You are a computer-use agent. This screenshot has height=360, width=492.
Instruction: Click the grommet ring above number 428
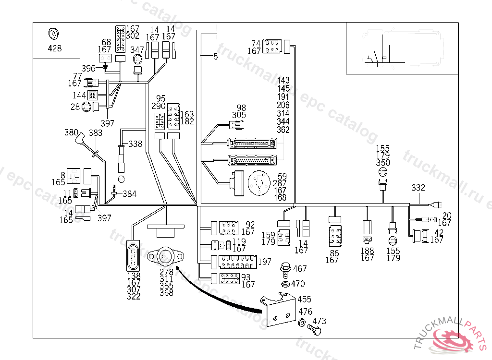[x=53, y=34]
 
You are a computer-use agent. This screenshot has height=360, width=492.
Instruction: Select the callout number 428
[x=54, y=48]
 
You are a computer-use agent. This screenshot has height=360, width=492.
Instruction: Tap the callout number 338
[x=135, y=144]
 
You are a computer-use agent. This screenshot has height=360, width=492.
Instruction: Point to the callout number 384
[x=130, y=194]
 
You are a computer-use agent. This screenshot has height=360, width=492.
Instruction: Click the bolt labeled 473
[x=314, y=330]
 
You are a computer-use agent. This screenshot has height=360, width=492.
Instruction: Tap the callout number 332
[x=418, y=188]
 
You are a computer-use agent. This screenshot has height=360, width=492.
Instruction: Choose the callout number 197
[x=265, y=262]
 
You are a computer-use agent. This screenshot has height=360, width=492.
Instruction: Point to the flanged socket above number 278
[x=165, y=257]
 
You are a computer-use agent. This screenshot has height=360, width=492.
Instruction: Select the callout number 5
[x=215, y=57]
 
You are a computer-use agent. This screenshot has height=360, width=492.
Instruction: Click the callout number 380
[x=71, y=132]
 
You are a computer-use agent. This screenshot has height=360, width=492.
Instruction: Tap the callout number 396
[x=88, y=69]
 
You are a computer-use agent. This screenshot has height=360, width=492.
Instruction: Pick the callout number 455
[x=304, y=299]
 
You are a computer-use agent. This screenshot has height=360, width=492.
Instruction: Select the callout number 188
[x=367, y=251]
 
